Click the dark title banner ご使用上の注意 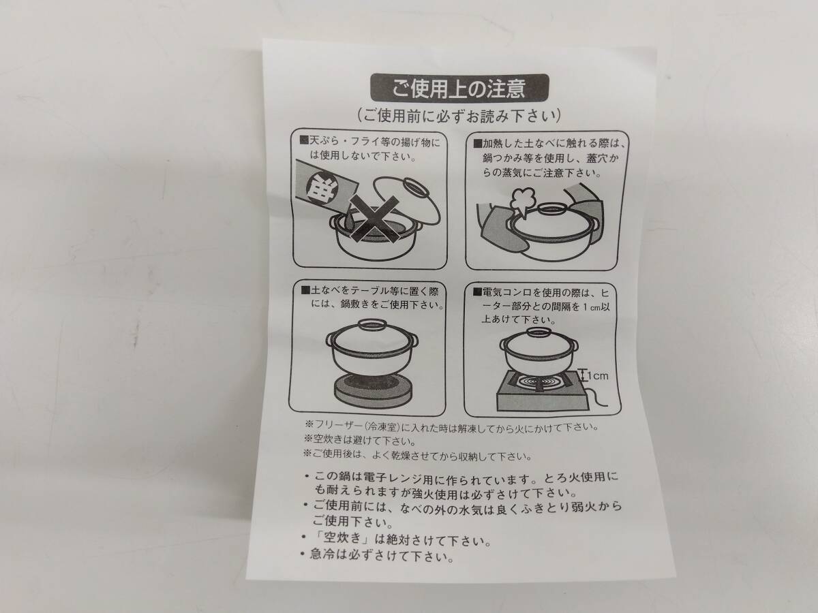[459, 88]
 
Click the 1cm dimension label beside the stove [597, 376]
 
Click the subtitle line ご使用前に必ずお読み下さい [459, 116]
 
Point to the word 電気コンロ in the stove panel [508, 293]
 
